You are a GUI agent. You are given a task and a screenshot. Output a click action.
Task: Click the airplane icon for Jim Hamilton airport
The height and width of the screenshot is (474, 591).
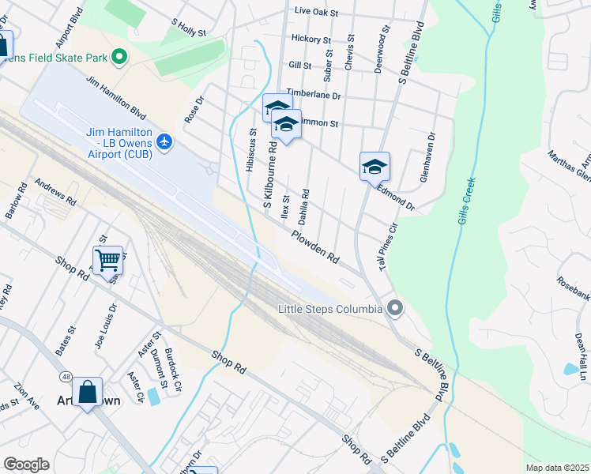[164, 141]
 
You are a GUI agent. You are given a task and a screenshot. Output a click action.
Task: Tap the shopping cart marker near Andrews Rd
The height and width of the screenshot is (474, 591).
[107, 258]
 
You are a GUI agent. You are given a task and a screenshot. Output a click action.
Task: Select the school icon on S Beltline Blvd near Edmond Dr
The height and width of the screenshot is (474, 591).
[375, 166]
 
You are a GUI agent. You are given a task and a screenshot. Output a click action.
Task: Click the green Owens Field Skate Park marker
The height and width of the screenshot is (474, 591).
[120, 57]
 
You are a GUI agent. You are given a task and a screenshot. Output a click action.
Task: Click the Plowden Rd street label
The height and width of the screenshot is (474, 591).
[314, 246]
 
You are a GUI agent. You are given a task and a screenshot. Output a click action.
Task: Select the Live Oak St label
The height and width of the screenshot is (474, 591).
[315, 13]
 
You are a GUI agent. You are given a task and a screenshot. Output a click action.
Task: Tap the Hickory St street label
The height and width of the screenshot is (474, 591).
[311, 39]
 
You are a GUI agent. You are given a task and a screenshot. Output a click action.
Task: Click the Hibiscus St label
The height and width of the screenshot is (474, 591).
[251, 151]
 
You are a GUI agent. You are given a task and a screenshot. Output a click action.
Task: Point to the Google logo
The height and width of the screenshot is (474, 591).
[26, 465]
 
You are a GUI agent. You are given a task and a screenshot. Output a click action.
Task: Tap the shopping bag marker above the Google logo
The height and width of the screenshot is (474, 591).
[87, 391]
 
